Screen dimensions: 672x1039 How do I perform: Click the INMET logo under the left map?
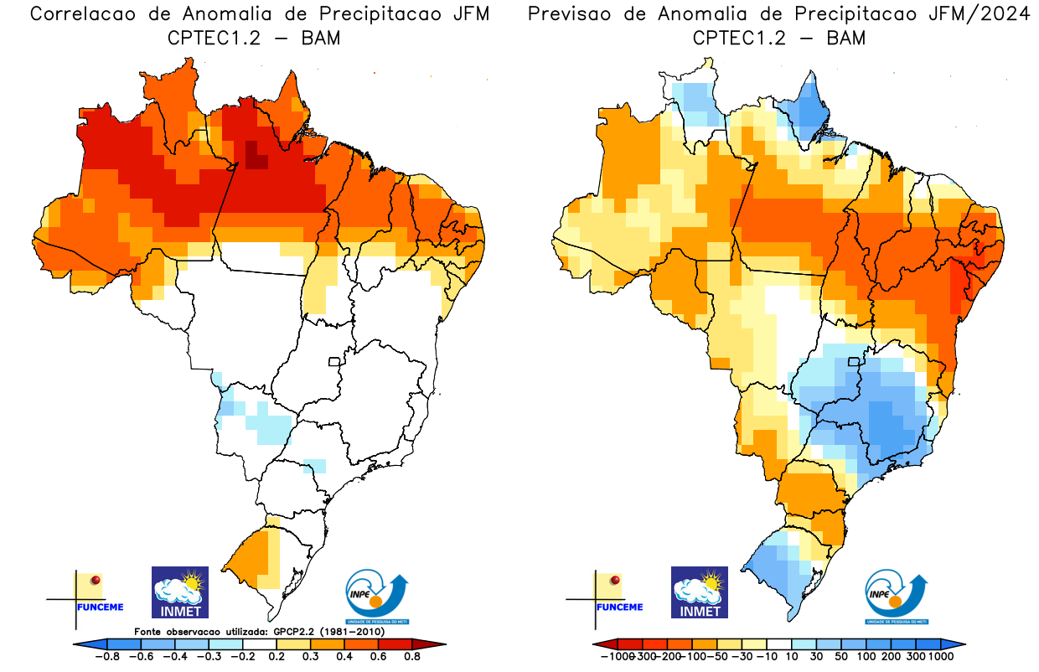(x=179, y=592)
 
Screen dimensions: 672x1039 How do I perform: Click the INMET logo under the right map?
(x=700, y=592)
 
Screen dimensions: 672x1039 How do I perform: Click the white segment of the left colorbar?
(x=259, y=644)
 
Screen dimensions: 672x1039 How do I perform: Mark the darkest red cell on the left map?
(x=253, y=156)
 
